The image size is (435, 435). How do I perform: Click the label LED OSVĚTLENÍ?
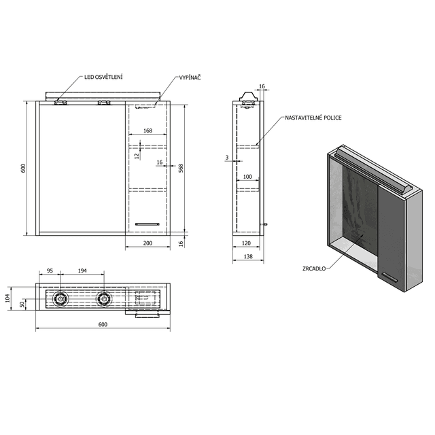tap(103, 77)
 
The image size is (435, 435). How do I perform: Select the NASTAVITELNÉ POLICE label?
tap(313, 118)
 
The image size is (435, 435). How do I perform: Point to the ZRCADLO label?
tap(315, 268)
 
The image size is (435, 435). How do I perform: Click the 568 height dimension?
tap(181, 168)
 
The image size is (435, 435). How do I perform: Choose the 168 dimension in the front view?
tap(147, 131)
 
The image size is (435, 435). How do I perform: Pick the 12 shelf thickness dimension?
tap(136, 156)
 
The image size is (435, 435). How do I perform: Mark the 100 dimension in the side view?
tap(247, 177)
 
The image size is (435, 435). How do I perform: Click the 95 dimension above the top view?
tap(49, 271)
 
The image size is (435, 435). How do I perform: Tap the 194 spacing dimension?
tap(82, 271)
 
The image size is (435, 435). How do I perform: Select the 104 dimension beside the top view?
tap(8, 298)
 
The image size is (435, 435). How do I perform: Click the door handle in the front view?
tap(146, 222)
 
